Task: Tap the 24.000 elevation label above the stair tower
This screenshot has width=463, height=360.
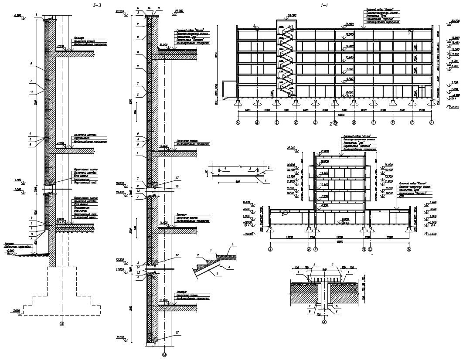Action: (292, 15)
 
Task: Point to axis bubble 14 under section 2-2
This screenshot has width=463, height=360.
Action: (409, 249)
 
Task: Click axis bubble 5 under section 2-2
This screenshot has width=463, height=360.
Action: (270, 249)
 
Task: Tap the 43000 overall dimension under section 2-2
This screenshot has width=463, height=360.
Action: (339, 242)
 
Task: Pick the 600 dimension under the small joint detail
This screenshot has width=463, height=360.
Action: (238, 181)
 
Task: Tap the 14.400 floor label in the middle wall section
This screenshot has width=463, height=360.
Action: (164, 223)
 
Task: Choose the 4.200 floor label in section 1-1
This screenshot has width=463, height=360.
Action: (349, 79)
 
